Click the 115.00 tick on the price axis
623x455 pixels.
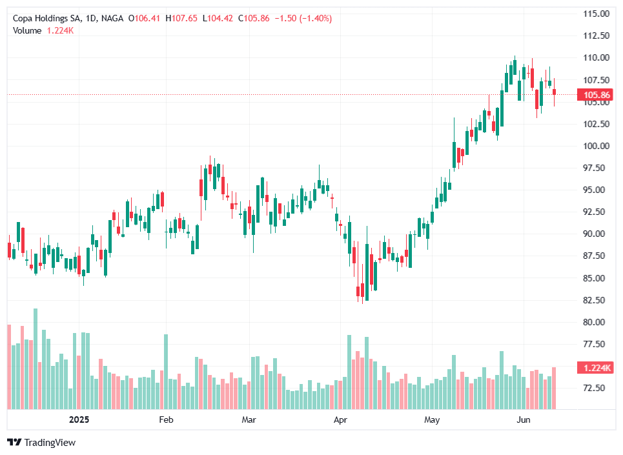(x=597, y=14)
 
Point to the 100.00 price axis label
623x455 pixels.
(x=597, y=146)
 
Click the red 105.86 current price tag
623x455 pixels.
(x=597, y=96)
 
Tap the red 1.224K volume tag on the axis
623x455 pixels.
(x=597, y=368)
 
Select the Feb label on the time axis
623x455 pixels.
(x=166, y=420)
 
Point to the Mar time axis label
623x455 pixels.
(x=249, y=420)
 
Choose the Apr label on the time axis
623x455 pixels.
(x=340, y=420)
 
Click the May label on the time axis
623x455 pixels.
(x=432, y=420)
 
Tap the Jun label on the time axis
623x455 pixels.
(x=524, y=420)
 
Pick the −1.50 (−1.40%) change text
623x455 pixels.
(x=303, y=19)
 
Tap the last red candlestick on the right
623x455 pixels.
(x=555, y=92)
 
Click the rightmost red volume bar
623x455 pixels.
(x=555, y=388)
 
